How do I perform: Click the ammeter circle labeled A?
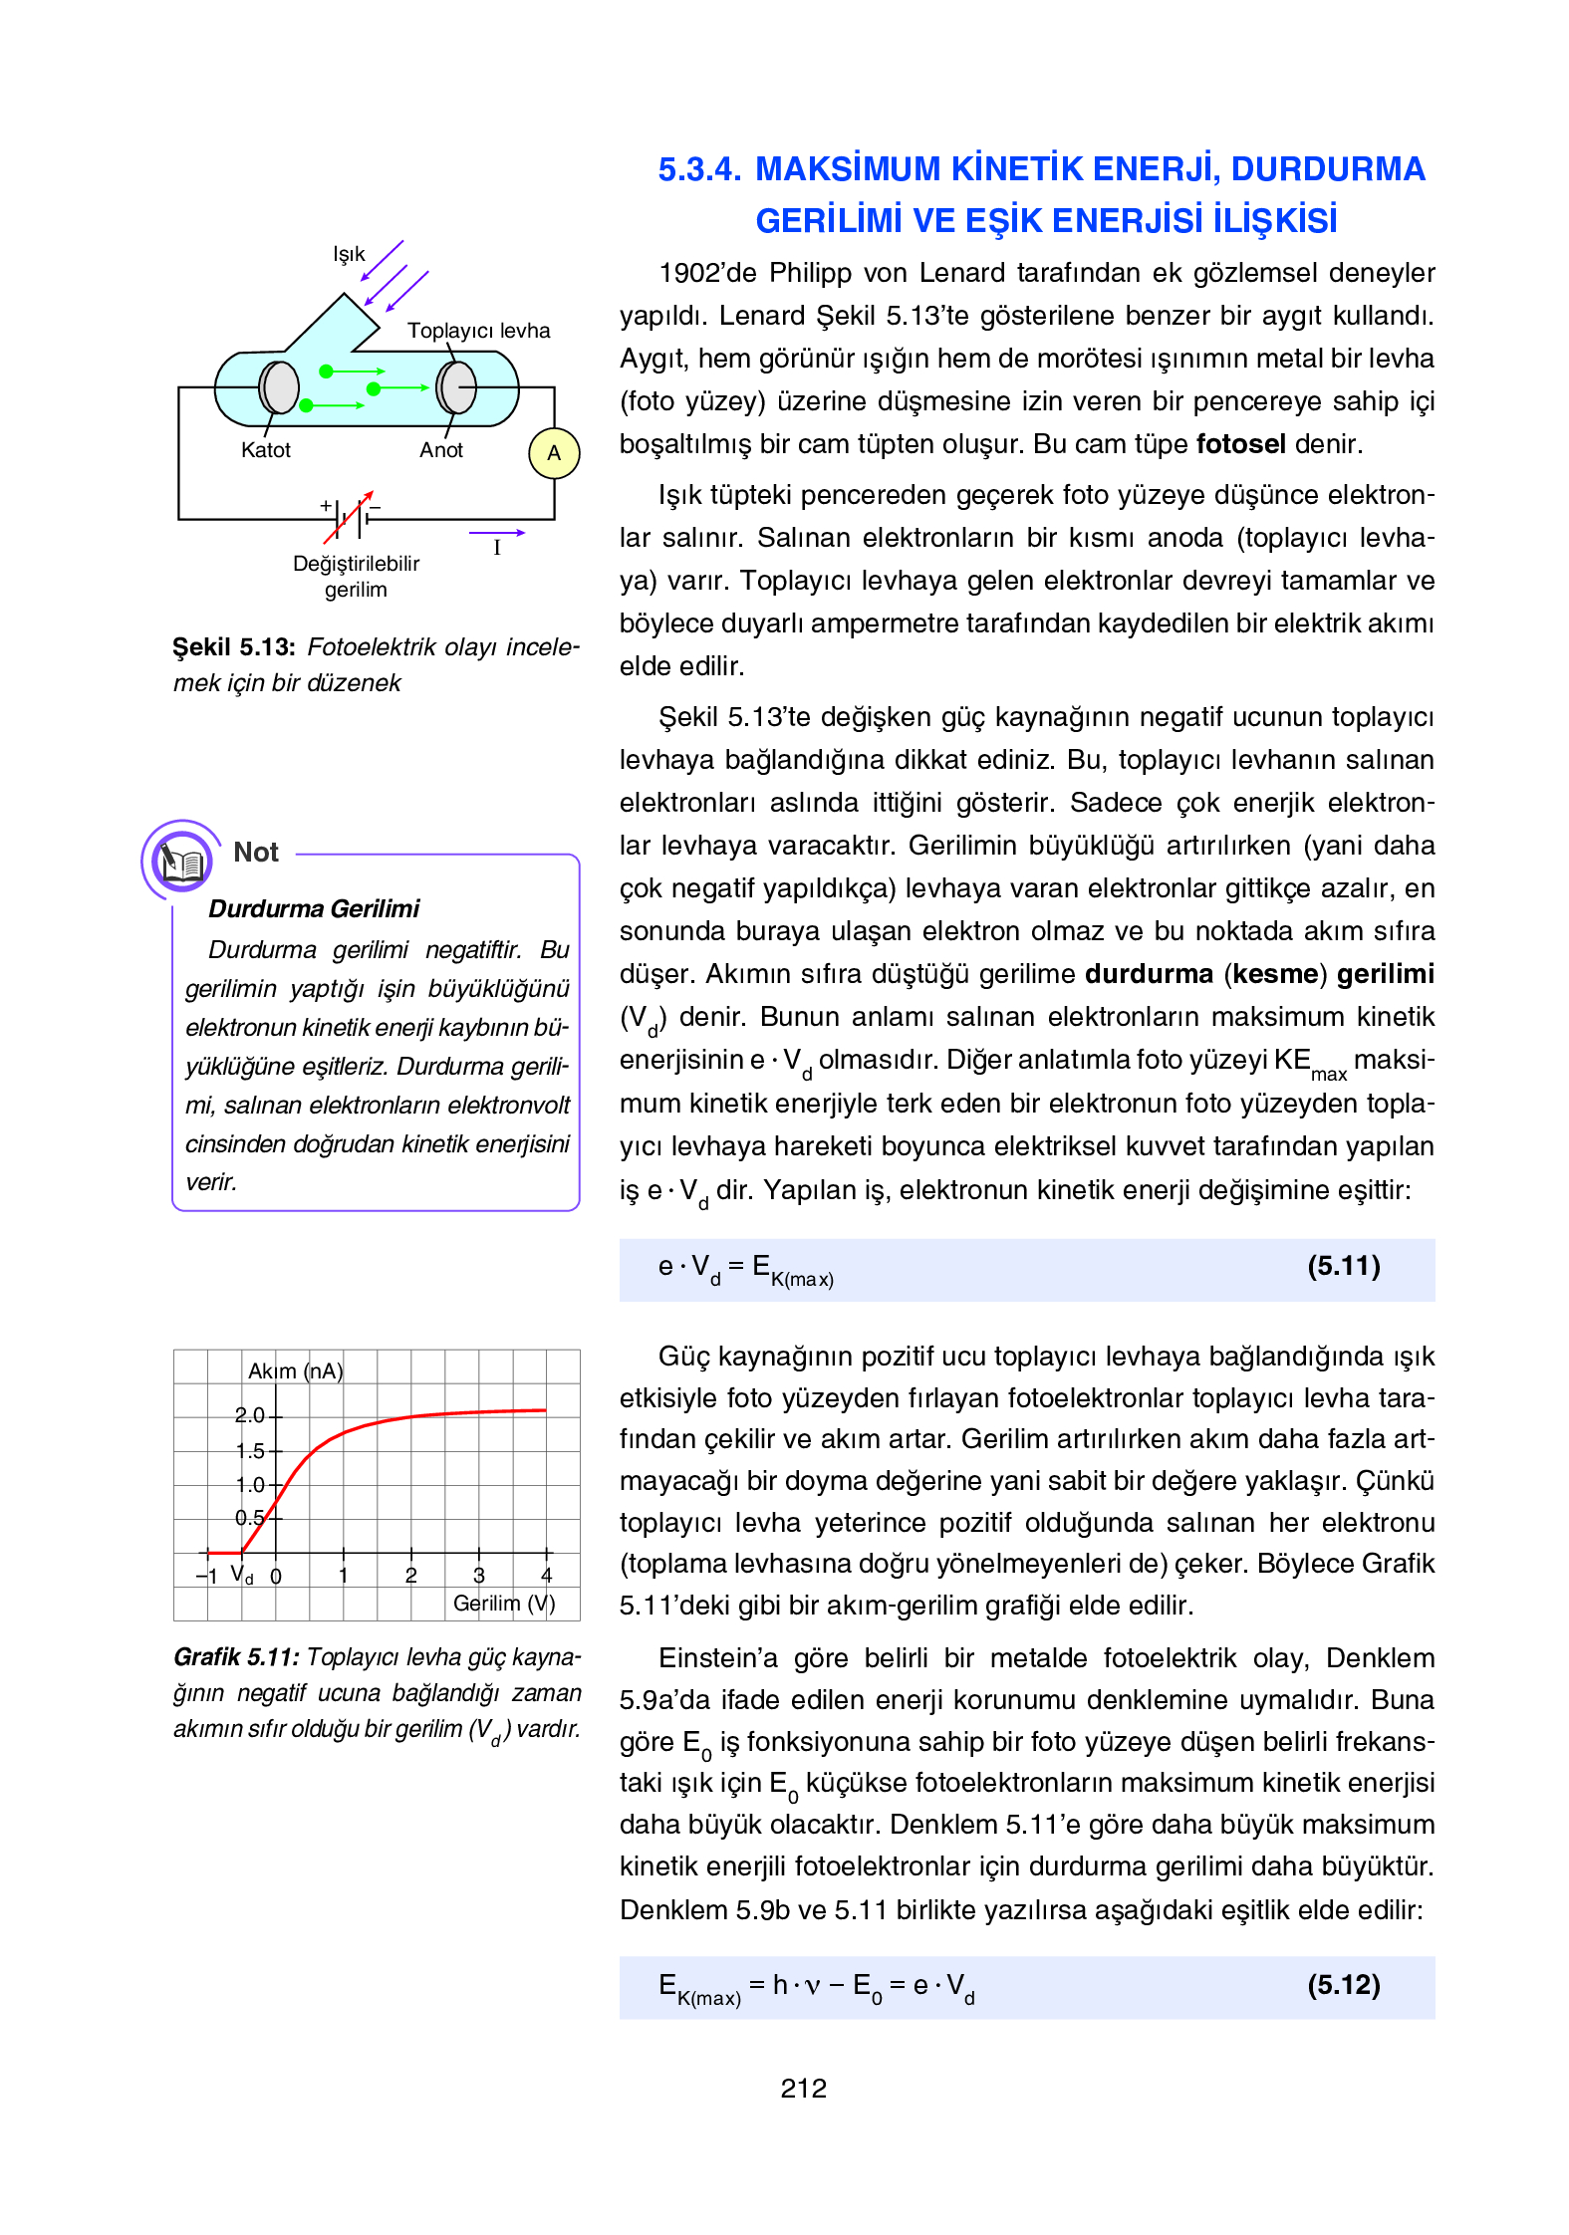coord(554,453)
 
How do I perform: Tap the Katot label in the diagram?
coord(266,450)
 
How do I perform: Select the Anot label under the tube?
coord(441,450)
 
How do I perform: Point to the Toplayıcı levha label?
coord(478,331)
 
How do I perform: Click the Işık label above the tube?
coord(349,255)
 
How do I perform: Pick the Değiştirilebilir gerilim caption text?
coord(356,577)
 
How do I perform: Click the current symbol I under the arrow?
coord(497,548)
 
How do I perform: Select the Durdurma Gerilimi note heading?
coord(314,908)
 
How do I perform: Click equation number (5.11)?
coord(1343,1266)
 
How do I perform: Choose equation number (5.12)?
coord(1343,1985)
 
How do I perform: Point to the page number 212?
coord(803,2089)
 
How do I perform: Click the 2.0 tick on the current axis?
coord(249,1415)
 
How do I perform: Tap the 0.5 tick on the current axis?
coord(249,1518)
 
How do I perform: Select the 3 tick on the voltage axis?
coord(479,1576)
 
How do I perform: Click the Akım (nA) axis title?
coord(295,1371)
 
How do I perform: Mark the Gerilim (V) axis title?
coord(504,1604)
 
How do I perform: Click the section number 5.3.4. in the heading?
coord(699,169)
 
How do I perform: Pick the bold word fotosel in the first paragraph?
coord(1240,444)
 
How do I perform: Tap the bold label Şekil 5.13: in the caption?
coord(234,647)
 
